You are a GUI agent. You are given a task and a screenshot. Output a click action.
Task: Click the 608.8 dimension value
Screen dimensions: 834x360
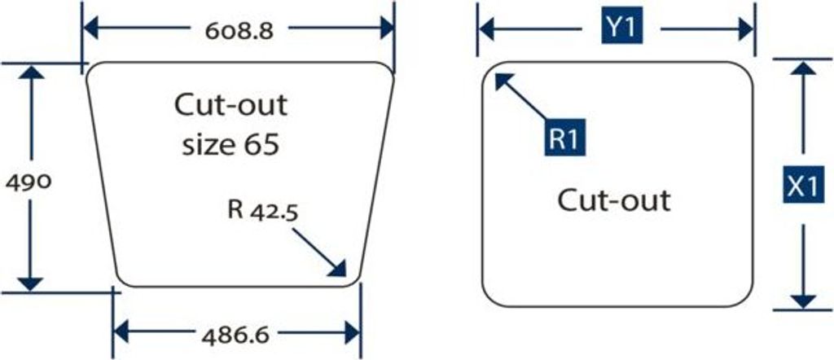239,32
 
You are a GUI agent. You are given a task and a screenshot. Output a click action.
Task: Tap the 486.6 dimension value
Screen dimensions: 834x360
235,335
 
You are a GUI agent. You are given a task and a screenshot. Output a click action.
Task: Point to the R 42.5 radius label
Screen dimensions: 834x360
263,209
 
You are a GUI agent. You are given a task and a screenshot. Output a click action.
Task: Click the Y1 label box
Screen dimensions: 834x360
621,29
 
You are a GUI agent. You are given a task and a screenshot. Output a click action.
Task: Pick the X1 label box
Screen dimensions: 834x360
802,185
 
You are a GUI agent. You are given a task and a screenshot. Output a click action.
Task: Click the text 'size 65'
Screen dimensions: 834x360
230,145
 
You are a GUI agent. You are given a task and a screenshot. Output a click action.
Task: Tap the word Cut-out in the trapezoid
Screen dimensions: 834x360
230,105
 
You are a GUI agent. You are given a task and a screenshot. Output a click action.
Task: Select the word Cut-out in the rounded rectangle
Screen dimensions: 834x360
613,201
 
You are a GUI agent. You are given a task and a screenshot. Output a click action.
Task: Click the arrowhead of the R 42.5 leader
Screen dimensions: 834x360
338,269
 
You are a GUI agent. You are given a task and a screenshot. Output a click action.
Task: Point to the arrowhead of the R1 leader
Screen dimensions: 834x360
503,81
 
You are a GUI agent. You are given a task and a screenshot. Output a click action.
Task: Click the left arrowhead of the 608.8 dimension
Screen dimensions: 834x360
91,29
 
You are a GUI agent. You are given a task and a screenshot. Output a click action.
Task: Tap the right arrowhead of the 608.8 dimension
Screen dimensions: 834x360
387,29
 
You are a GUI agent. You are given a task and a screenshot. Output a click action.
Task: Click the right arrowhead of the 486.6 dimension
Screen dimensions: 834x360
353,333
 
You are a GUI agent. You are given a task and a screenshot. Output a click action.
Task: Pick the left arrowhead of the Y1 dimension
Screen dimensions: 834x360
486,29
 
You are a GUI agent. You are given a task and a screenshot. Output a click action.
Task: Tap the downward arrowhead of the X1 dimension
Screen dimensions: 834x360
803,301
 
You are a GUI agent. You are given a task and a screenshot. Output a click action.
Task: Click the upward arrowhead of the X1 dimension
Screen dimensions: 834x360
803,68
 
